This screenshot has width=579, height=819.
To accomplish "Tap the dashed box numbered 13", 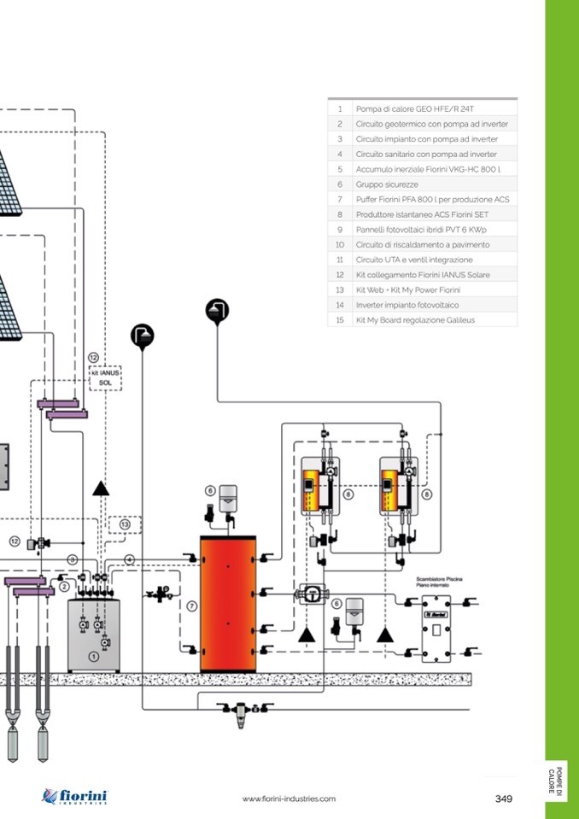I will click(x=125, y=525).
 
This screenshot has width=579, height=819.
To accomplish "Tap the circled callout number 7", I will click(x=192, y=606).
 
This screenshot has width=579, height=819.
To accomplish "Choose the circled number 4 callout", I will click(x=129, y=559).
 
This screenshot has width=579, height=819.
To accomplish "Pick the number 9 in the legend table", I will click(x=339, y=230).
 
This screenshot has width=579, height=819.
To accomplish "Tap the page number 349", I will click(x=503, y=799).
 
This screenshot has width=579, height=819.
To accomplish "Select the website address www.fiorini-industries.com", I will click(x=289, y=799).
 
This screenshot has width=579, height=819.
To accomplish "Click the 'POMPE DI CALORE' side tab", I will click(x=555, y=780).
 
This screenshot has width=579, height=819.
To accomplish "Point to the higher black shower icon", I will click(x=218, y=312).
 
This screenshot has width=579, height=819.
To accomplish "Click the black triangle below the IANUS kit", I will click(x=102, y=488).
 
